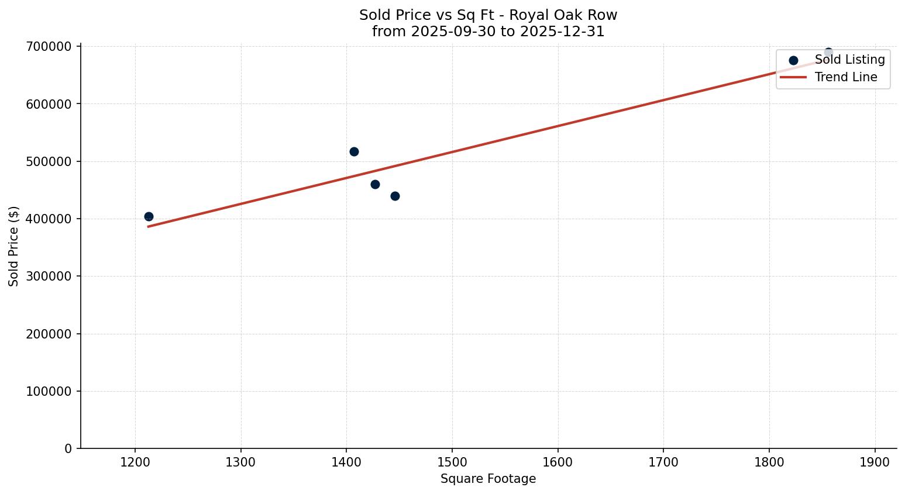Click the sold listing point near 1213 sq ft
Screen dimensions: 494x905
point(149,216)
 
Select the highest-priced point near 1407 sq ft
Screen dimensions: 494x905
point(354,151)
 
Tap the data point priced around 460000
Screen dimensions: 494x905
point(375,184)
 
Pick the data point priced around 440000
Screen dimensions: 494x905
point(395,196)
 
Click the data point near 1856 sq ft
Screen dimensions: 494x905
point(828,52)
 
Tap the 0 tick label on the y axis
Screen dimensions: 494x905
point(68,448)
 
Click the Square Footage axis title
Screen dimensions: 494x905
point(488,479)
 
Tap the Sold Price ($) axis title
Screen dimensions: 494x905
point(14,246)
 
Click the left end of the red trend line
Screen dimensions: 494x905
point(149,226)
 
